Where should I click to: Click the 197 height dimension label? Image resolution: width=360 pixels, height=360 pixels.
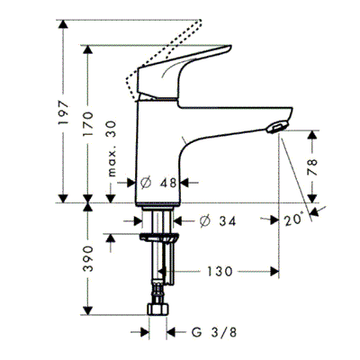[x=64, y=113]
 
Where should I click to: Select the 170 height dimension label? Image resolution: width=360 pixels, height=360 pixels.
[x=88, y=123]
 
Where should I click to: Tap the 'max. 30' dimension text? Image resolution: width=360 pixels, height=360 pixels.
[x=111, y=148]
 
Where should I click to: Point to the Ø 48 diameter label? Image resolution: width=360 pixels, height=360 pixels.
[x=158, y=183]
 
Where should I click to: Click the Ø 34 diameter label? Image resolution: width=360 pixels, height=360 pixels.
[x=218, y=221]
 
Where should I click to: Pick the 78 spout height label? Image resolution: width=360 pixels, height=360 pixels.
[x=312, y=166]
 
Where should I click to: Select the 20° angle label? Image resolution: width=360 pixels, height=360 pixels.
[x=293, y=220]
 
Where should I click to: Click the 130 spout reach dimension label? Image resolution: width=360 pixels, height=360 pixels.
[x=220, y=272]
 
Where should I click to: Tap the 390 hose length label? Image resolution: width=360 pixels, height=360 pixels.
[x=88, y=259]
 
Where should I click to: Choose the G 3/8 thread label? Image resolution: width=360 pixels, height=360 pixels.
[x=214, y=332]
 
